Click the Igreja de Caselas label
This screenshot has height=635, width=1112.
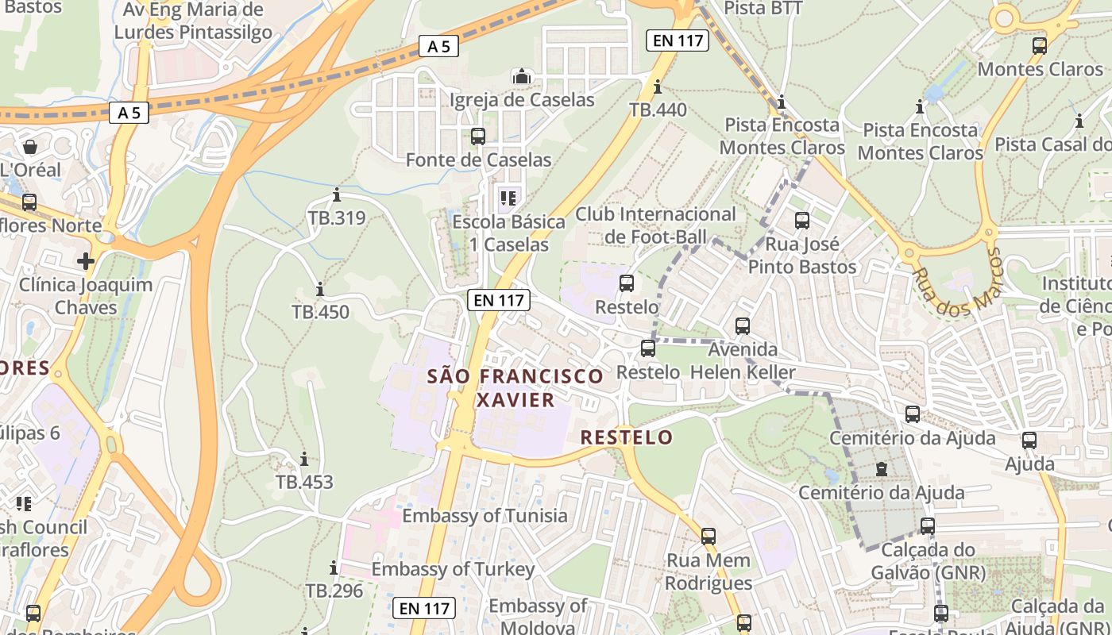point(522,100)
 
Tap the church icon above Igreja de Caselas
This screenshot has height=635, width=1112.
point(522,77)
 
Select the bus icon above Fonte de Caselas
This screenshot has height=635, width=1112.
point(478,137)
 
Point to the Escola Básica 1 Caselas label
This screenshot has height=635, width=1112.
point(508,233)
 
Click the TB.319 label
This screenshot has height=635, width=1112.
point(337,217)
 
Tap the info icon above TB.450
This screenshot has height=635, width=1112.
point(320,289)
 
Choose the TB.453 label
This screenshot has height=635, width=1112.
point(304,482)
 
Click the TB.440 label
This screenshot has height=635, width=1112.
point(658,110)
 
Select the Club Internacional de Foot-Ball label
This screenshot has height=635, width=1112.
point(655,225)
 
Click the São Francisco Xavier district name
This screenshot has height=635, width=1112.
point(515,387)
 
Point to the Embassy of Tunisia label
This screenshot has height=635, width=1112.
point(485,516)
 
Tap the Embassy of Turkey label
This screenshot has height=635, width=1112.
point(453,569)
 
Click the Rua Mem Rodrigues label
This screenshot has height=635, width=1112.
point(708,571)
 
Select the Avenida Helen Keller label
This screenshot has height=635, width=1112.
point(743,361)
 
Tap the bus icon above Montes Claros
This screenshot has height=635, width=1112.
point(1040,46)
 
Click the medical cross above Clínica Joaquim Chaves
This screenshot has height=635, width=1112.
point(86,260)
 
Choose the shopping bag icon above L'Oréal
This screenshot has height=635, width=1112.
point(30,147)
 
